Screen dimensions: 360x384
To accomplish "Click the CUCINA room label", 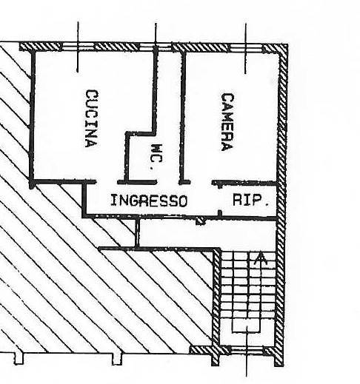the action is [92, 118].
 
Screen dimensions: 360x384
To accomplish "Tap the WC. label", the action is [156, 157].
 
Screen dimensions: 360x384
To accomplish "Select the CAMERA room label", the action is [227, 122].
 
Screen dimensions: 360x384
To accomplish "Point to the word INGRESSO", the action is [149, 201].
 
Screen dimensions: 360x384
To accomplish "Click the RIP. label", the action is [250, 200].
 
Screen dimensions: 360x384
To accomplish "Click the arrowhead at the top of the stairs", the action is [259, 258].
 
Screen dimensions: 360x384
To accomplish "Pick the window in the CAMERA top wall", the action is [245, 47].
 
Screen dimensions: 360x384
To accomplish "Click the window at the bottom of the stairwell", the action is [247, 349].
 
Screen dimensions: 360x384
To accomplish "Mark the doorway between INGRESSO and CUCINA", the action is [107, 182].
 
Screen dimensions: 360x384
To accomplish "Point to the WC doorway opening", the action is [167, 182].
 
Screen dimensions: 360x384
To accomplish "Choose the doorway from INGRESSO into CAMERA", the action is [201, 183].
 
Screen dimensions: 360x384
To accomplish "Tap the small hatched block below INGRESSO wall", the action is [200, 221].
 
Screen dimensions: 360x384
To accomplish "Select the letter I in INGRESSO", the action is [113, 200].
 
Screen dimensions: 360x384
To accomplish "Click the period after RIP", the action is [267, 204].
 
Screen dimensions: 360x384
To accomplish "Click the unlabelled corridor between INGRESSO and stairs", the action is [207, 233].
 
